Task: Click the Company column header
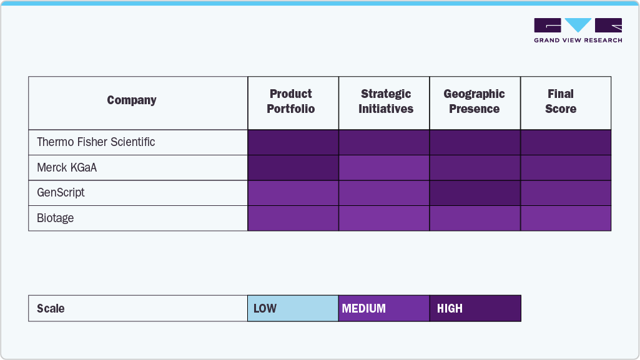pyautogui.click(x=132, y=100)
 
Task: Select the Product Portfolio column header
pyautogui.click(x=291, y=102)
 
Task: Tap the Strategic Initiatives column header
pyautogui.click(x=386, y=102)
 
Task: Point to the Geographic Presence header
pyautogui.click(x=475, y=102)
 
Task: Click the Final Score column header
pyautogui.click(x=561, y=102)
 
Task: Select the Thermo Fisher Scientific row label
pyautogui.click(x=96, y=142)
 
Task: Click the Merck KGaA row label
pyautogui.click(x=67, y=168)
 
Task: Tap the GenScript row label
pyautogui.click(x=61, y=193)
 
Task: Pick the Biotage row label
pyautogui.click(x=56, y=218)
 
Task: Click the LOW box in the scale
pyautogui.click(x=293, y=308)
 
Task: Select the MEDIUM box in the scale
pyautogui.click(x=384, y=308)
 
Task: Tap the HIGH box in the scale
pyautogui.click(x=475, y=308)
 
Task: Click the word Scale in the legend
pyautogui.click(x=51, y=308)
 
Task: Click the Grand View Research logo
pyautogui.click(x=578, y=31)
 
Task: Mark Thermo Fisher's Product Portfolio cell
pyautogui.click(x=293, y=142)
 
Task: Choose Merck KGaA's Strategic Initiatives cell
pyautogui.click(x=384, y=168)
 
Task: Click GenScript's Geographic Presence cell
pyautogui.click(x=475, y=193)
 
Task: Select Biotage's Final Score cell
pyautogui.click(x=566, y=218)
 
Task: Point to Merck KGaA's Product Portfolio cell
pyautogui.click(x=293, y=168)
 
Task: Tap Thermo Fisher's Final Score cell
pyautogui.click(x=566, y=142)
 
